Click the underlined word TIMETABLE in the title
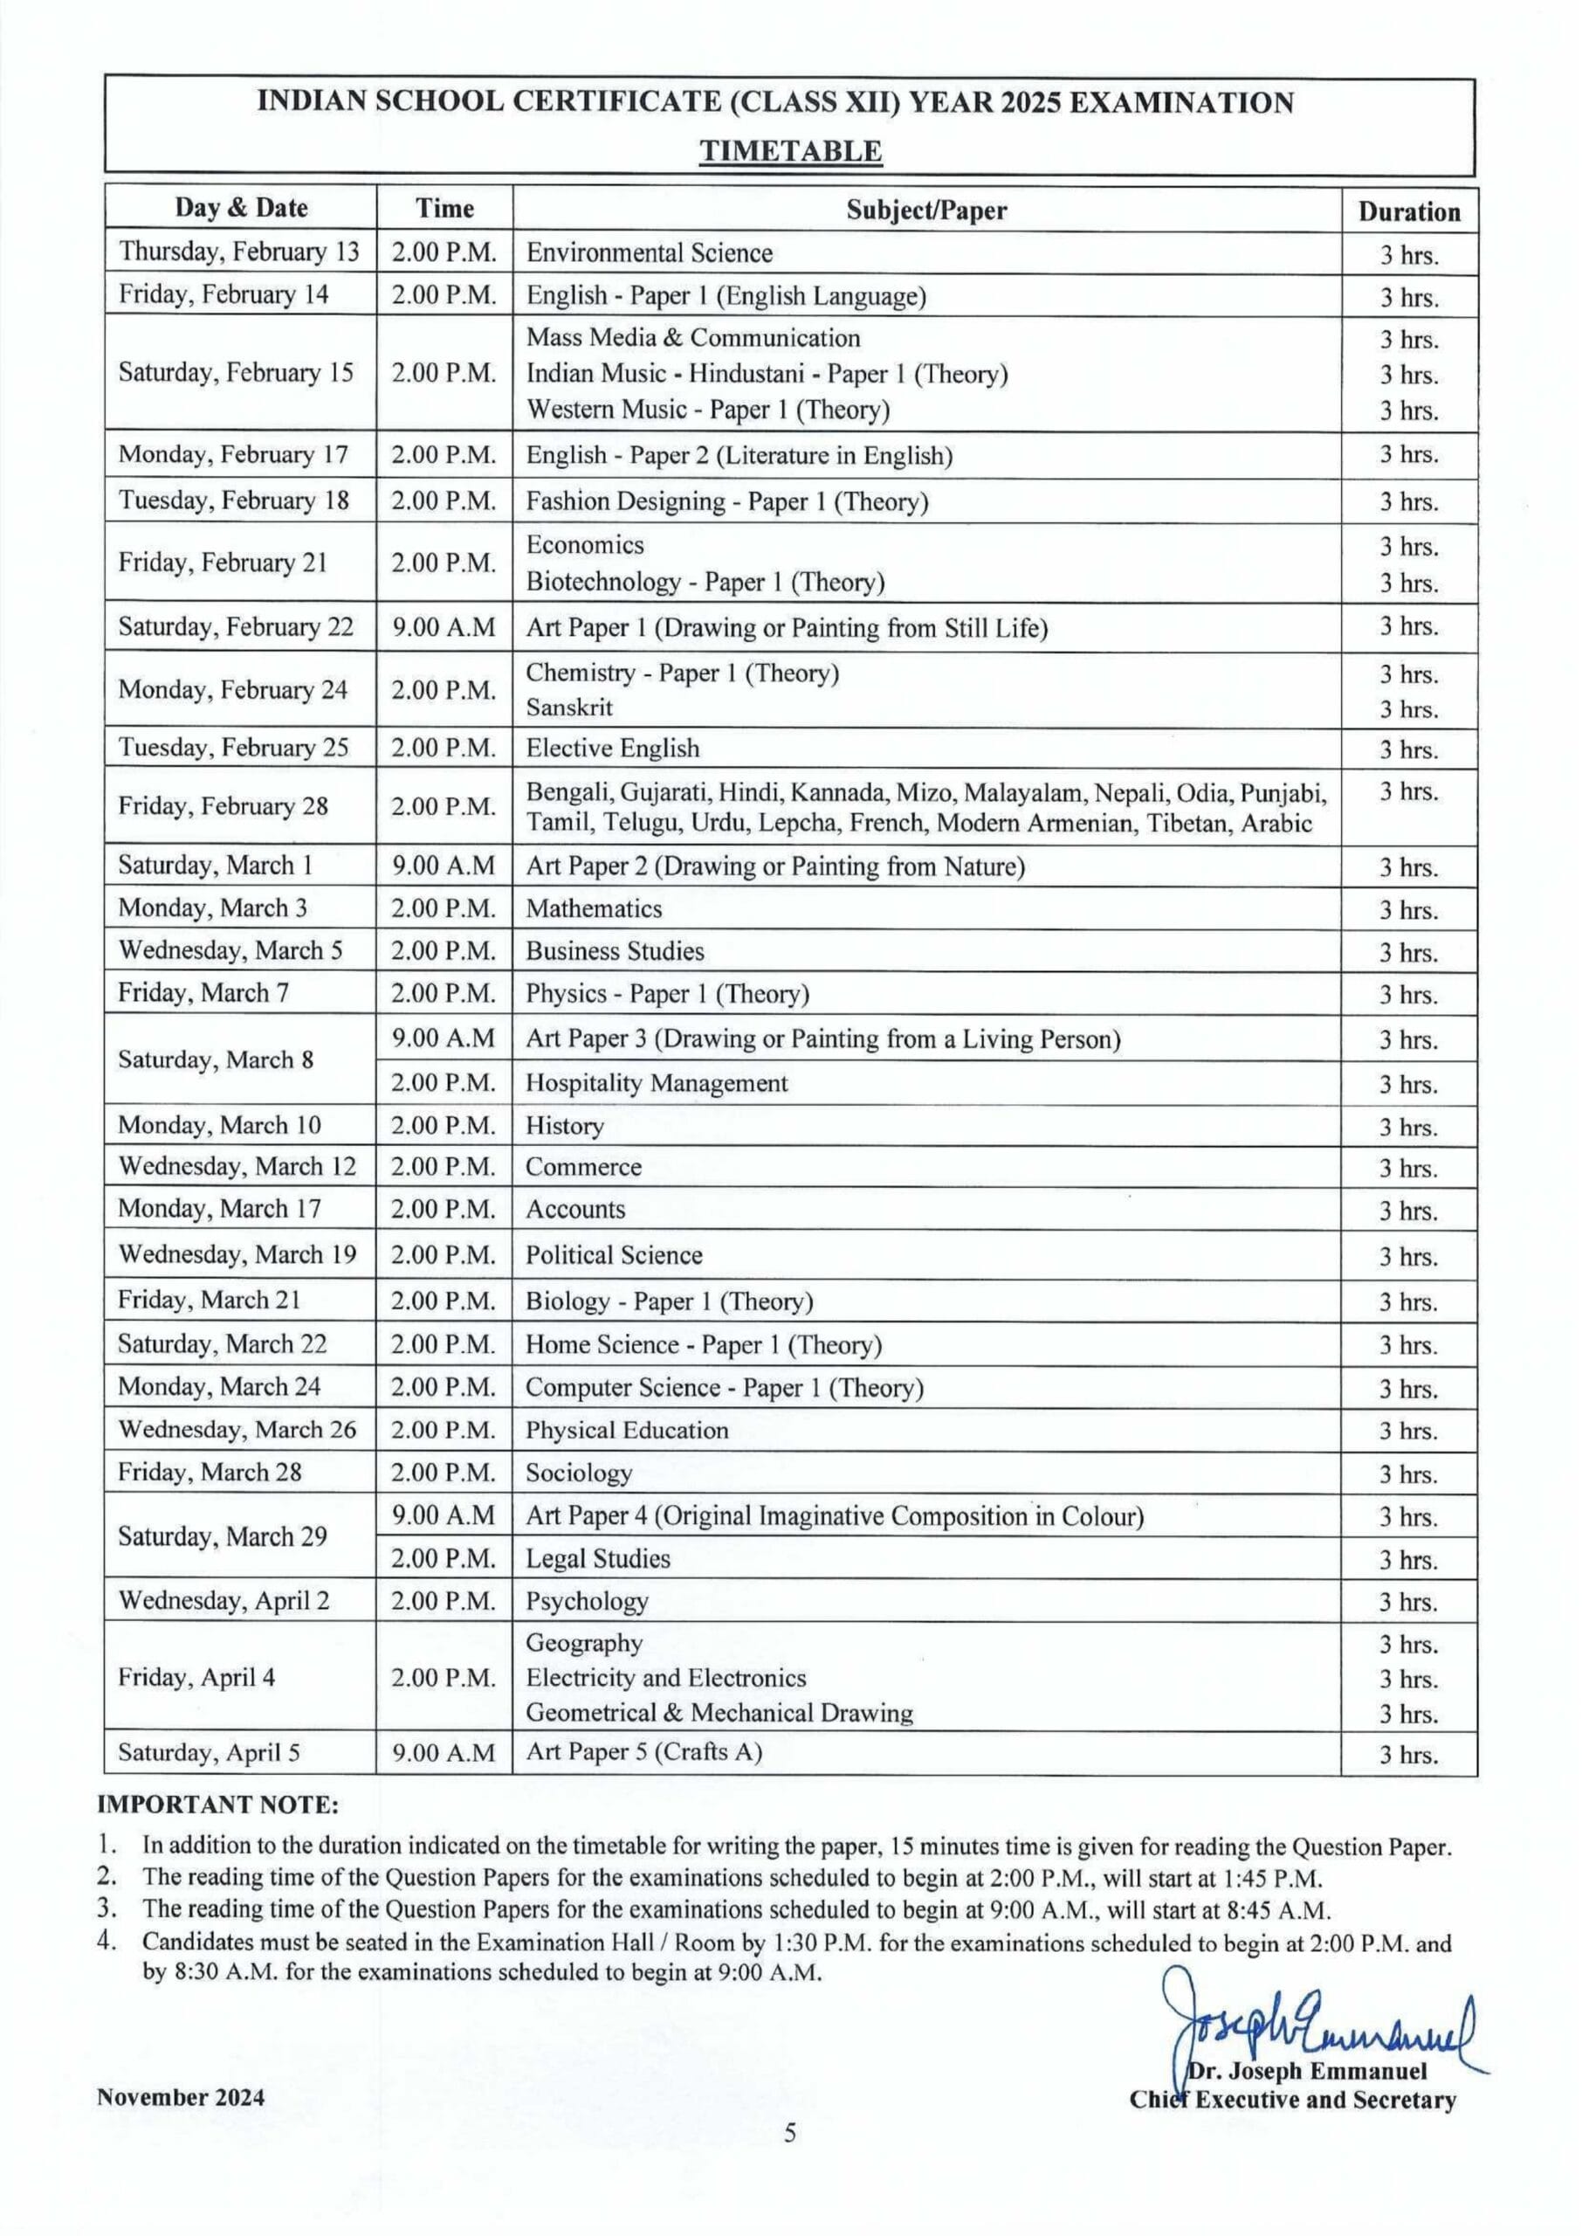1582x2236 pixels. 791,151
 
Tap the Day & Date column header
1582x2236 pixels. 241,208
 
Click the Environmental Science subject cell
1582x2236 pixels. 649,253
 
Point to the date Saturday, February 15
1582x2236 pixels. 236,373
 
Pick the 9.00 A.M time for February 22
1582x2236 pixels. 444,627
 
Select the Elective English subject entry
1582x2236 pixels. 613,749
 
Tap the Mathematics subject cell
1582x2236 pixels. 594,908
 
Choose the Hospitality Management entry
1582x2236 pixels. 657,1083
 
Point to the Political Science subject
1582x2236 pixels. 614,1255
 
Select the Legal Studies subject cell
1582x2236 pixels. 598,1559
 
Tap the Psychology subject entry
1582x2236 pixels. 587,1602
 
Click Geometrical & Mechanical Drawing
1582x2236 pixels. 719,1713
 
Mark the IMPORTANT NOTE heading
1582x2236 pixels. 218,1805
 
